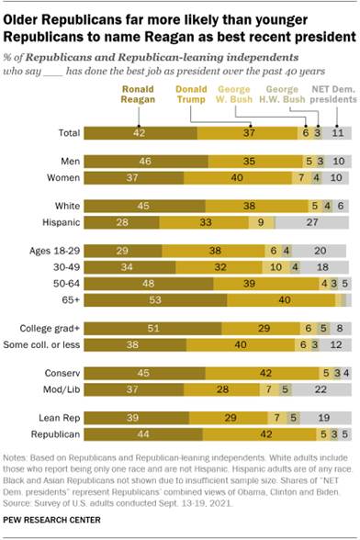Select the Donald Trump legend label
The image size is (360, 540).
190,95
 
